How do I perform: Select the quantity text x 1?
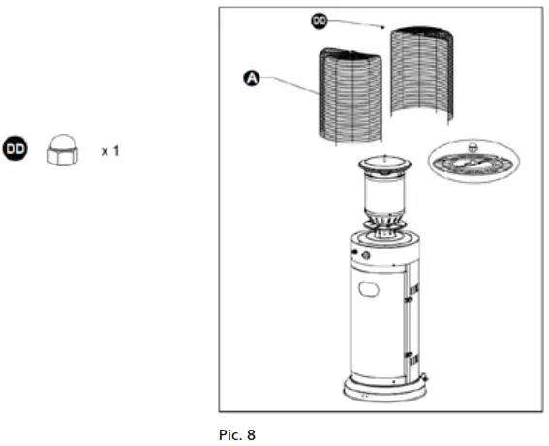(109, 151)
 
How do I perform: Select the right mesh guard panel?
(421, 75)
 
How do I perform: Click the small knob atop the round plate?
(473, 148)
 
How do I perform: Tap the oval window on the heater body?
(372, 289)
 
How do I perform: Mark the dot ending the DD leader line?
(385, 27)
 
